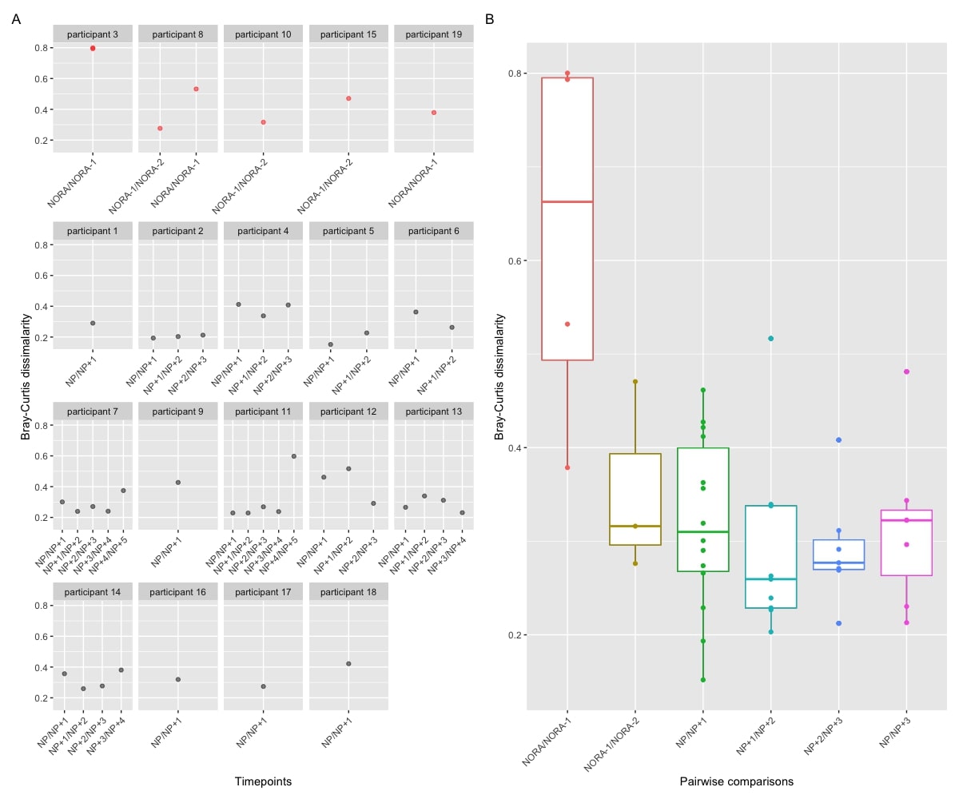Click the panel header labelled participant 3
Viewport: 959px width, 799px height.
[93, 34]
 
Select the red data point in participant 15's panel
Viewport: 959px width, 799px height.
[348, 98]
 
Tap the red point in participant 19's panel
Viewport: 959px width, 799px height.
[434, 113]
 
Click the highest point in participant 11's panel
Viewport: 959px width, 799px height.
[293, 456]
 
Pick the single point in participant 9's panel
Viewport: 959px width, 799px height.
[178, 483]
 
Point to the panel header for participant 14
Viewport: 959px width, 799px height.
[93, 592]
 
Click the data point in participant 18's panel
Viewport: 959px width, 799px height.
[348, 664]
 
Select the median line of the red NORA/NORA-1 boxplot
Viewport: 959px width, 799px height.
[567, 202]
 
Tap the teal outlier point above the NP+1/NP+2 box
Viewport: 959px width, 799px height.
[771, 339]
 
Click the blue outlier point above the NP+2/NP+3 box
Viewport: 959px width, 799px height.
[839, 440]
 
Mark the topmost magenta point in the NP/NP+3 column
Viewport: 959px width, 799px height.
[906, 372]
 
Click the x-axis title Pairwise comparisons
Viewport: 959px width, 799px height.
[737, 781]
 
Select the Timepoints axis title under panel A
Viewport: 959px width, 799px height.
[263, 781]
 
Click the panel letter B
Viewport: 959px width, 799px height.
[489, 18]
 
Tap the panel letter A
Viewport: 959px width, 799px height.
[16, 18]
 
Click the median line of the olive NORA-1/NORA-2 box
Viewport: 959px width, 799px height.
[635, 526]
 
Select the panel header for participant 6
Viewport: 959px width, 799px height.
[434, 231]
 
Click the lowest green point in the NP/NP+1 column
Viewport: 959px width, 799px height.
[703, 680]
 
